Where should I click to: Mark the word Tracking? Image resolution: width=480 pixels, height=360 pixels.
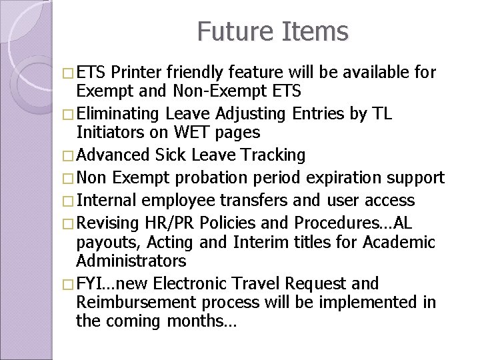pyautogui.click(x=270, y=155)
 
